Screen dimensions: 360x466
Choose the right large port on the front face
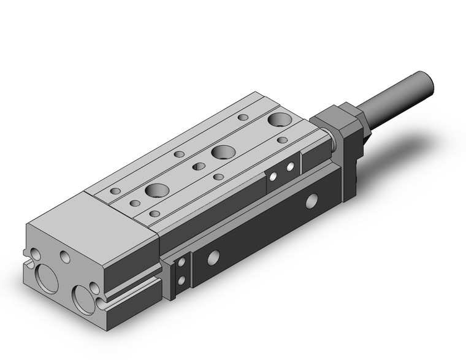click(x=82, y=297)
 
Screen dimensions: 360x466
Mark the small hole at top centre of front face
click(x=66, y=255)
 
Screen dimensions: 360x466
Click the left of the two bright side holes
click(x=273, y=177)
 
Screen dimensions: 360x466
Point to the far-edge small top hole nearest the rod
click(x=243, y=117)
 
